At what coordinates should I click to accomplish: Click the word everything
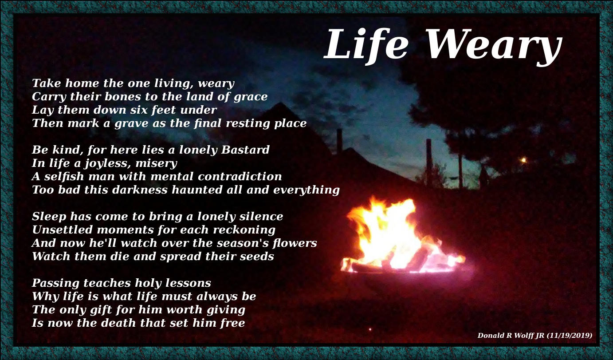pyautogui.click(x=306, y=190)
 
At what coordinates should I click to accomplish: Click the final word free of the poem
pyautogui.click(x=232, y=323)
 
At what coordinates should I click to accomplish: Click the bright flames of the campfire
pyautogui.click(x=390, y=235)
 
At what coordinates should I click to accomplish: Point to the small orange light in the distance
pyautogui.click(x=523, y=160)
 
